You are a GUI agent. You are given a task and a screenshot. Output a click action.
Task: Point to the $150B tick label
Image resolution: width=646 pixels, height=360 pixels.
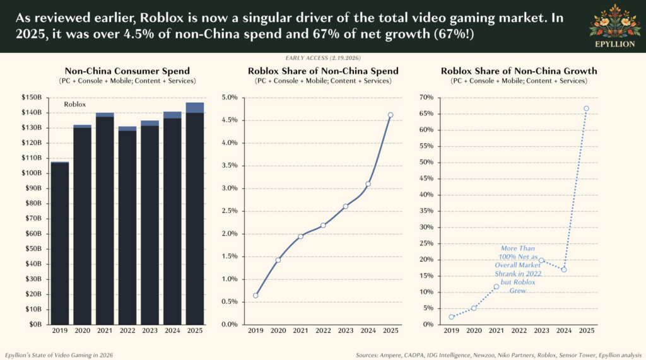point(31,97)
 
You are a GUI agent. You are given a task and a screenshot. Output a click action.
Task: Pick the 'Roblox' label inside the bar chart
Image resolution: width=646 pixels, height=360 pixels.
point(75,104)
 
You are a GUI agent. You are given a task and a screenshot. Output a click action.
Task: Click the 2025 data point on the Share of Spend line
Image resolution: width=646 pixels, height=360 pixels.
point(391,115)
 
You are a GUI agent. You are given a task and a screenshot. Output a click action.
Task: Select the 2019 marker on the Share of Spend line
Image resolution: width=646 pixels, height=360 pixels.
point(255,295)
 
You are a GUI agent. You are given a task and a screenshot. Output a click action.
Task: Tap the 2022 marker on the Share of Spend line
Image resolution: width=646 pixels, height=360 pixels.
point(323,225)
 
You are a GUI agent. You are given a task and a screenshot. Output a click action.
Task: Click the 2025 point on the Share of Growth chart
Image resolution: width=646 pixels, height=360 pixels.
point(586,108)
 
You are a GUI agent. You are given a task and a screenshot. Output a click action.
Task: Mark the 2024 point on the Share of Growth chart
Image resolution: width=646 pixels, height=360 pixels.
point(563,269)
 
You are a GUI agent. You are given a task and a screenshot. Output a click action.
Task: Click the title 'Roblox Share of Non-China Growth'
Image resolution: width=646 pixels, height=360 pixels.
point(519,71)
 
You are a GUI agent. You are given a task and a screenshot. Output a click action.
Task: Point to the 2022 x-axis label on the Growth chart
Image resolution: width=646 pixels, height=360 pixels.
point(519,330)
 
